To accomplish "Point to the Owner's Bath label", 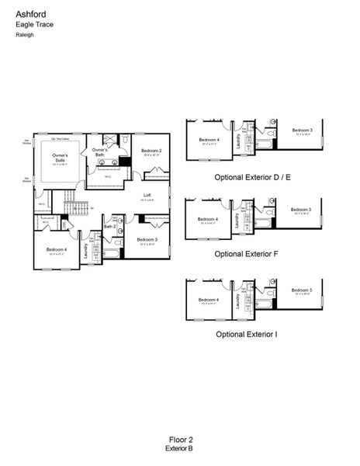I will pyautogui.click(x=99, y=152).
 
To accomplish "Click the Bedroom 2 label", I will pyautogui.click(x=151, y=151).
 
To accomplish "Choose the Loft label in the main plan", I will pyautogui.click(x=147, y=195).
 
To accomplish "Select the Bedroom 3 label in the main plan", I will pyautogui.click(x=147, y=239).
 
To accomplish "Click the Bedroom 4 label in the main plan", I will pyautogui.click(x=55, y=250).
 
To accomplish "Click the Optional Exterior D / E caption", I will pyautogui.click(x=252, y=178).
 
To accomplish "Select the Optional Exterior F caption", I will pyautogui.click(x=246, y=254).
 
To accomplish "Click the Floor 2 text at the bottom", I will pyautogui.click(x=179, y=440).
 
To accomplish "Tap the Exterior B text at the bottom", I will pyautogui.click(x=179, y=449).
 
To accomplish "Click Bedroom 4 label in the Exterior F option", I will pyautogui.click(x=208, y=220).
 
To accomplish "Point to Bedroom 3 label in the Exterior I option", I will pyautogui.click(x=302, y=291).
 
